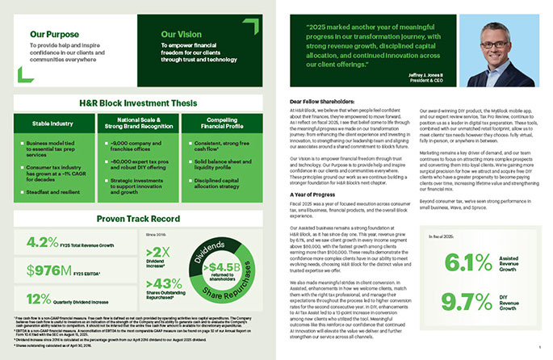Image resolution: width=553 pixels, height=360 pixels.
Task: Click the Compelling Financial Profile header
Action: pyautogui.click(x=220, y=124)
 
